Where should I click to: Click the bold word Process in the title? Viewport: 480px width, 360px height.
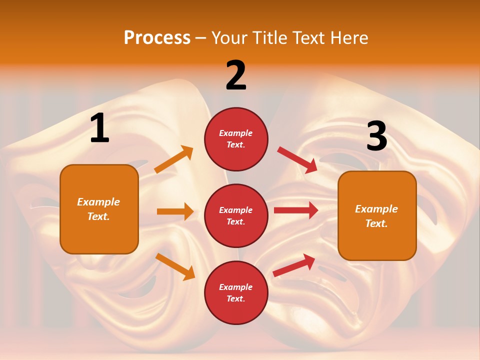pos(157,38)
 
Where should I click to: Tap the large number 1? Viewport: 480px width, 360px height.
pos(99,128)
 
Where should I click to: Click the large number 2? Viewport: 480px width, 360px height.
pos(236,75)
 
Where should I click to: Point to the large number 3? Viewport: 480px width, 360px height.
pos(376,136)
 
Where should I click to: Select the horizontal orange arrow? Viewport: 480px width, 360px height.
pos(175,211)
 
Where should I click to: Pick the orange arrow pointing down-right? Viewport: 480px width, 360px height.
pos(175,266)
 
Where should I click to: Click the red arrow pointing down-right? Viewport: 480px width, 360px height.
pos(297,159)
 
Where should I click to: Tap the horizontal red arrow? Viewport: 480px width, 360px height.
pos(296,210)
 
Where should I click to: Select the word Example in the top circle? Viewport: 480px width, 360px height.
pos(236,133)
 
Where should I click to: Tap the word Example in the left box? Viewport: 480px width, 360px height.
pos(98,202)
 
